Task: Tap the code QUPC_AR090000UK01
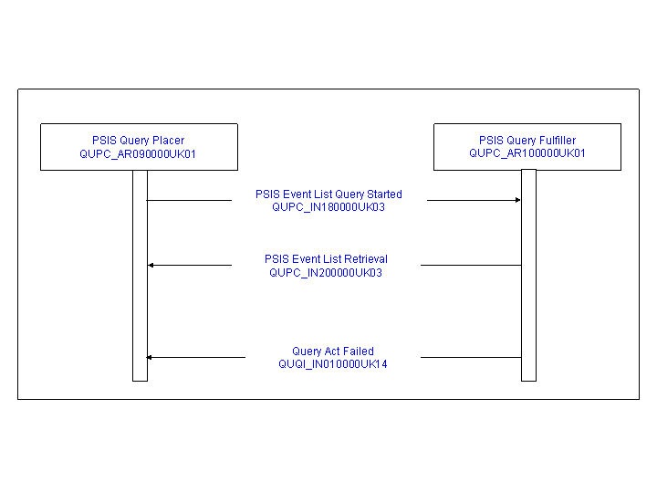[x=138, y=154]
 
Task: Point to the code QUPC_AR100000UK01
[x=527, y=153]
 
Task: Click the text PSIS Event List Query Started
[x=328, y=194]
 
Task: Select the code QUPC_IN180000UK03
[x=328, y=207]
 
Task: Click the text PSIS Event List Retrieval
[x=326, y=259]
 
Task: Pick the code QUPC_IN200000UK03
[x=326, y=273]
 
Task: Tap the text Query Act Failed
[x=333, y=351]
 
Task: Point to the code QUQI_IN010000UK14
[x=333, y=364]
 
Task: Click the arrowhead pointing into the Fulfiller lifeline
[x=518, y=200]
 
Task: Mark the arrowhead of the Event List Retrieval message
[x=151, y=265]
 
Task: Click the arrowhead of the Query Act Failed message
[x=149, y=357]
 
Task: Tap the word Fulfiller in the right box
[x=558, y=140]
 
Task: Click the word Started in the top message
[x=384, y=194]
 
